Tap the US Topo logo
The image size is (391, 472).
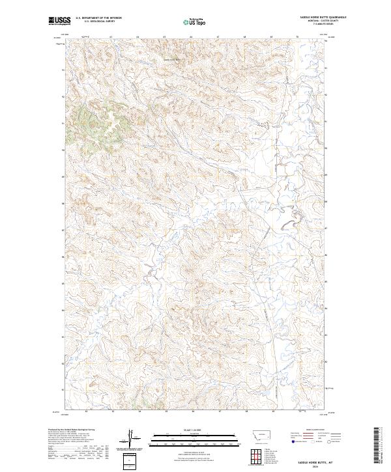point(195,21)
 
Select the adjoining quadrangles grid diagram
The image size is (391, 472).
point(257,455)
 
